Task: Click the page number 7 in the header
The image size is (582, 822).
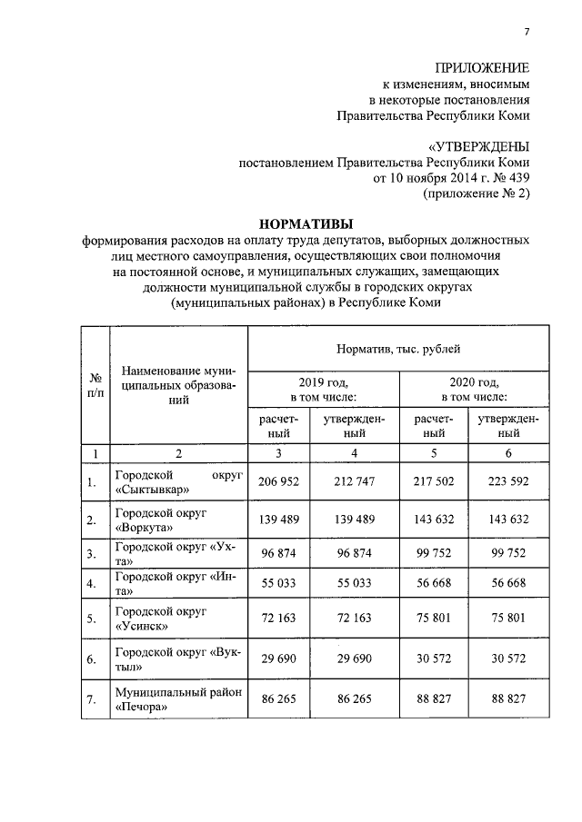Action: pyautogui.click(x=526, y=33)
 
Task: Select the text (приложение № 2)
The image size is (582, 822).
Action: pyautogui.click(x=476, y=193)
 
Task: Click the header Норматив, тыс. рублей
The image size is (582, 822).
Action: pyautogui.click(x=398, y=348)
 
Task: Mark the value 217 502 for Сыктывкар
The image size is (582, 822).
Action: pyautogui.click(x=433, y=482)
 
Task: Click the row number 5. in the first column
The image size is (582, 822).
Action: pyautogui.click(x=92, y=620)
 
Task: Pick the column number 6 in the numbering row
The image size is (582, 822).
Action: pyautogui.click(x=508, y=452)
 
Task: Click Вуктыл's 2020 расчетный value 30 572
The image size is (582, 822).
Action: pyautogui.click(x=433, y=660)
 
